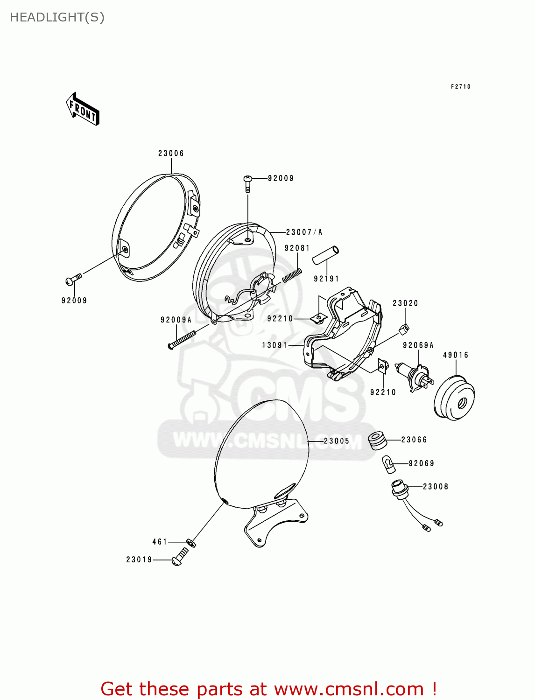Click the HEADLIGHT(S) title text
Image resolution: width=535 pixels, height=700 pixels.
[x=57, y=17]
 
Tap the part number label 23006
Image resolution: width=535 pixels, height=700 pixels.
[x=171, y=153]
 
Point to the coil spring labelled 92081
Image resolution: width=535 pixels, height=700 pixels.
[x=291, y=275]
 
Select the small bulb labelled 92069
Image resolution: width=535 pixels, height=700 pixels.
[x=388, y=463]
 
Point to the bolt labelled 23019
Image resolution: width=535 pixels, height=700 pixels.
[x=180, y=557]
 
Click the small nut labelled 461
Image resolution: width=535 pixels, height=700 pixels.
[x=191, y=543]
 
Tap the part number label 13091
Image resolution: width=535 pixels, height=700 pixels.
[x=275, y=345]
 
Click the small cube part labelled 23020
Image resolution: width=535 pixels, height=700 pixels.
[x=404, y=329]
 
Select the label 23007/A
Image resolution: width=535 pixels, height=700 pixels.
[x=304, y=232]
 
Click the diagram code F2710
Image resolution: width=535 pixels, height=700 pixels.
[x=460, y=86]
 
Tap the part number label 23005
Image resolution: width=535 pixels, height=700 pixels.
[x=337, y=441]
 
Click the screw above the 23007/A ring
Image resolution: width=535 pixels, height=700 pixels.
[x=247, y=183]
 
